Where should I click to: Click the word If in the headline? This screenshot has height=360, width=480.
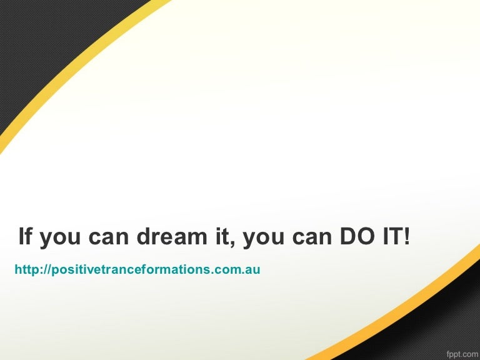click(x=25, y=236)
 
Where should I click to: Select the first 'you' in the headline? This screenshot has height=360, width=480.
click(x=60, y=239)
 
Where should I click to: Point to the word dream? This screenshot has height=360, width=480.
click(x=172, y=236)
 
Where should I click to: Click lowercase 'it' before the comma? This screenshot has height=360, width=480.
click(x=222, y=236)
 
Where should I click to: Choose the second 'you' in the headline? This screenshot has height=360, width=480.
click(x=264, y=239)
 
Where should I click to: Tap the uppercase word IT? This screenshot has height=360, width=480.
click(x=392, y=236)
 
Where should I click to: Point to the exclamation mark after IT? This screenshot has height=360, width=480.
click(x=406, y=236)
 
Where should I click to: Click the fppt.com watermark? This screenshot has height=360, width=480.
click(x=463, y=355)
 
